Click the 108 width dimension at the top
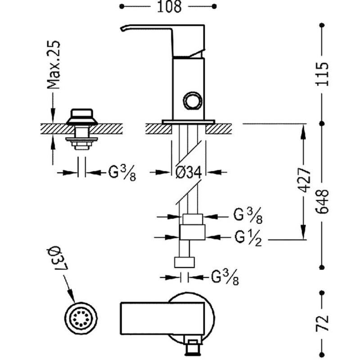coord(169,7)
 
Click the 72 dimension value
coord(322,321)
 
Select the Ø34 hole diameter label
coord(188,172)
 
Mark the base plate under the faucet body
coord(189,121)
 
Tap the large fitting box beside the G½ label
coord(193,232)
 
